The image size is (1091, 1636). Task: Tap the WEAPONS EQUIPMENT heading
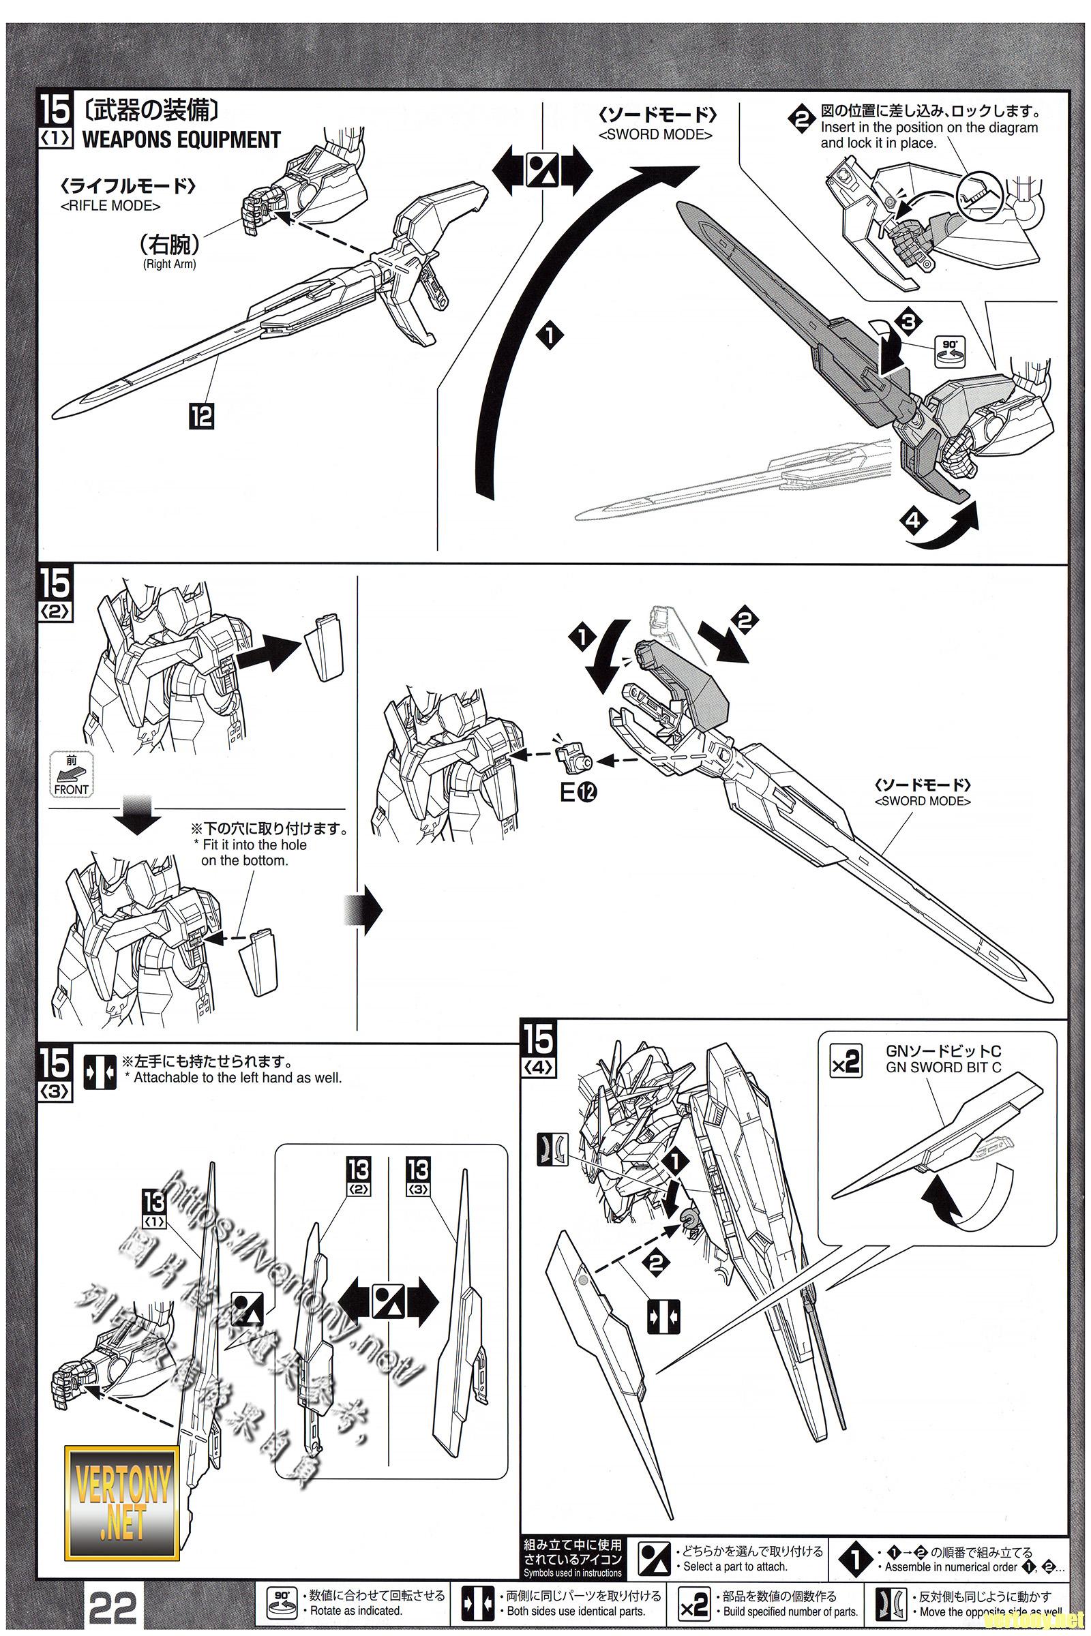[x=181, y=140]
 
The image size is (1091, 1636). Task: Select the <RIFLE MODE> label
[x=110, y=206]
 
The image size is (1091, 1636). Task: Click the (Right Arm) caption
[x=169, y=264]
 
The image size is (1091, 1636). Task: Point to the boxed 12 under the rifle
[x=202, y=416]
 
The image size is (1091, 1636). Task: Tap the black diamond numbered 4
[x=914, y=520]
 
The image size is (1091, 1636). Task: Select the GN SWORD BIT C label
[x=943, y=1067]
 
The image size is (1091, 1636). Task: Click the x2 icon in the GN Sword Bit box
[x=846, y=1061]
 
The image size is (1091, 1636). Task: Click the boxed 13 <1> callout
[x=154, y=1211]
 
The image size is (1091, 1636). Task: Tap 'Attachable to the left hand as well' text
[x=237, y=1078]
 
